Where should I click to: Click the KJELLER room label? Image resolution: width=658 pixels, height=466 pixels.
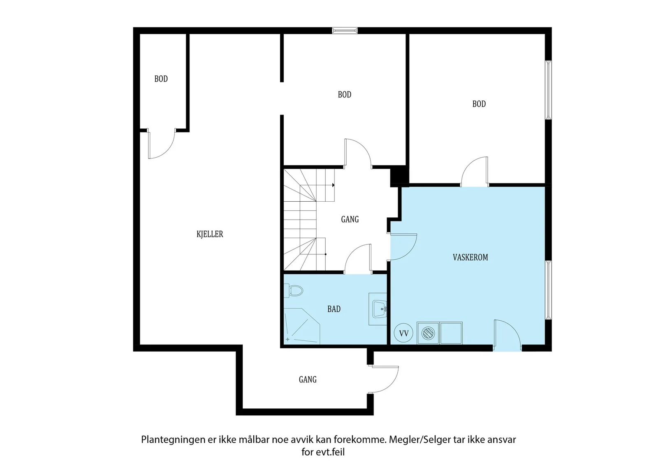(x=210, y=234)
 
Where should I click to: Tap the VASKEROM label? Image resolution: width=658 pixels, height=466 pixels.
(x=470, y=258)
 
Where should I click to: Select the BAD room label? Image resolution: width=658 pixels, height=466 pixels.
(x=334, y=309)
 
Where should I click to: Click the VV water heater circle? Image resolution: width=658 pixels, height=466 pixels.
(x=403, y=333)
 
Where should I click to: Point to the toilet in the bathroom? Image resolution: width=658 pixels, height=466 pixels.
(x=294, y=291)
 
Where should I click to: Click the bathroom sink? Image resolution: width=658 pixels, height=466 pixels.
(x=379, y=309)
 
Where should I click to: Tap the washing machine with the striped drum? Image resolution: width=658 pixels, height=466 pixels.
(x=428, y=333)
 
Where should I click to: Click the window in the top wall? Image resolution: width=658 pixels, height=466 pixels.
(x=345, y=30)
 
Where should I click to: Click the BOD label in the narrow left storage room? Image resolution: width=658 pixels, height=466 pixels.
(x=161, y=79)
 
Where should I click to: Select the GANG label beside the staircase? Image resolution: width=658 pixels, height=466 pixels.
(x=350, y=219)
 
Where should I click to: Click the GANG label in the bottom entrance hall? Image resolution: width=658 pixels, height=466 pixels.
(x=308, y=380)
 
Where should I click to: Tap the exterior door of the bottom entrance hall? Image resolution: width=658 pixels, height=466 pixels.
(x=383, y=379)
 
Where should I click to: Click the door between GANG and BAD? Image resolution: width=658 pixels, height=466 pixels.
(x=358, y=259)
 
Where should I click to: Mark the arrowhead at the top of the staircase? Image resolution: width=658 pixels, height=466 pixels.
(x=334, y=185)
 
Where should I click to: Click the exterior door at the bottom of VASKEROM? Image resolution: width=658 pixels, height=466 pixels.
(x=507, y=335)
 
